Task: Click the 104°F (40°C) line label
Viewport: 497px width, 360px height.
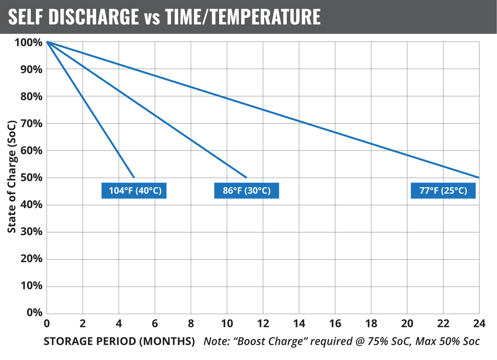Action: pos(134,191)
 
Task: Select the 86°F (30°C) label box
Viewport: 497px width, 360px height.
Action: pos(247,191)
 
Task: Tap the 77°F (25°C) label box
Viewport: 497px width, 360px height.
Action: pos(443,191)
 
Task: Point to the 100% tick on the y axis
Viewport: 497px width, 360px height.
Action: pos(29,42)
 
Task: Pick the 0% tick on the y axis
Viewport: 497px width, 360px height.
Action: pos(34,313)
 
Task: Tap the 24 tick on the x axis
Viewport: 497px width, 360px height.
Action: pos(479,324)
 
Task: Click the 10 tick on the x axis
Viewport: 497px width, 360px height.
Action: pos(227,324)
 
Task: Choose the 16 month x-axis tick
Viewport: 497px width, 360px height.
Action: pos(335,324)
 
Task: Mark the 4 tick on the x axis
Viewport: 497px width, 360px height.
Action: pos(119,324)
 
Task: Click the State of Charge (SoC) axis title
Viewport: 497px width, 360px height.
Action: pos(12,177)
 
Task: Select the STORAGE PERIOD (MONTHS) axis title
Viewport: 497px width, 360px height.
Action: pos(119,341)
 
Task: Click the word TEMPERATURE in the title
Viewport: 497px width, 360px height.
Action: pos(265,17)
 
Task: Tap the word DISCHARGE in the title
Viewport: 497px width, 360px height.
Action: pos(94,17)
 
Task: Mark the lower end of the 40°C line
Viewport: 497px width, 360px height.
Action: pos(134,177)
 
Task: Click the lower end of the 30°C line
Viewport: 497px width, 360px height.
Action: pos(246,177)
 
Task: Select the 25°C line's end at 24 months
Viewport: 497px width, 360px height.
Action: pos(479,177)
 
